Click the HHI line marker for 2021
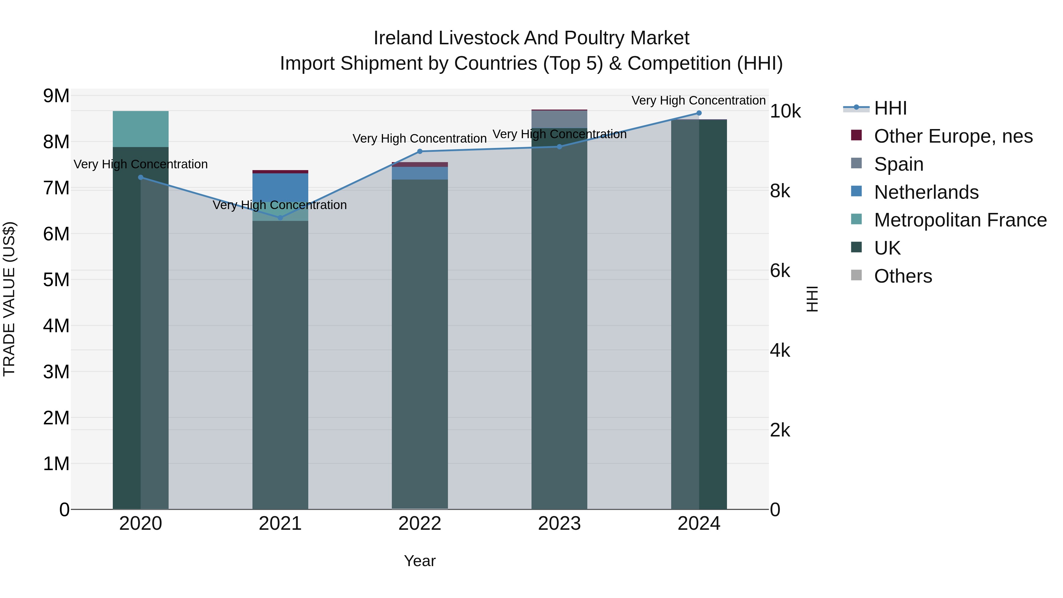point(280,217)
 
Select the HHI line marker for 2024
point(699,113)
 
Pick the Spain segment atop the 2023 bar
point(559,119)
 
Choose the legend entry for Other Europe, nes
point(953,136)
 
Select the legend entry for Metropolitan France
point(960,220)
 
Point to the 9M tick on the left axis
point(56,96)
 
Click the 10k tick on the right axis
point(785,111)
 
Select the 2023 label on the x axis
point(559,524)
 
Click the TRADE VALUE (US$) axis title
point(9,299)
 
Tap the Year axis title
point(420,561)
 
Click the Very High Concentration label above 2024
point(698,100)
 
